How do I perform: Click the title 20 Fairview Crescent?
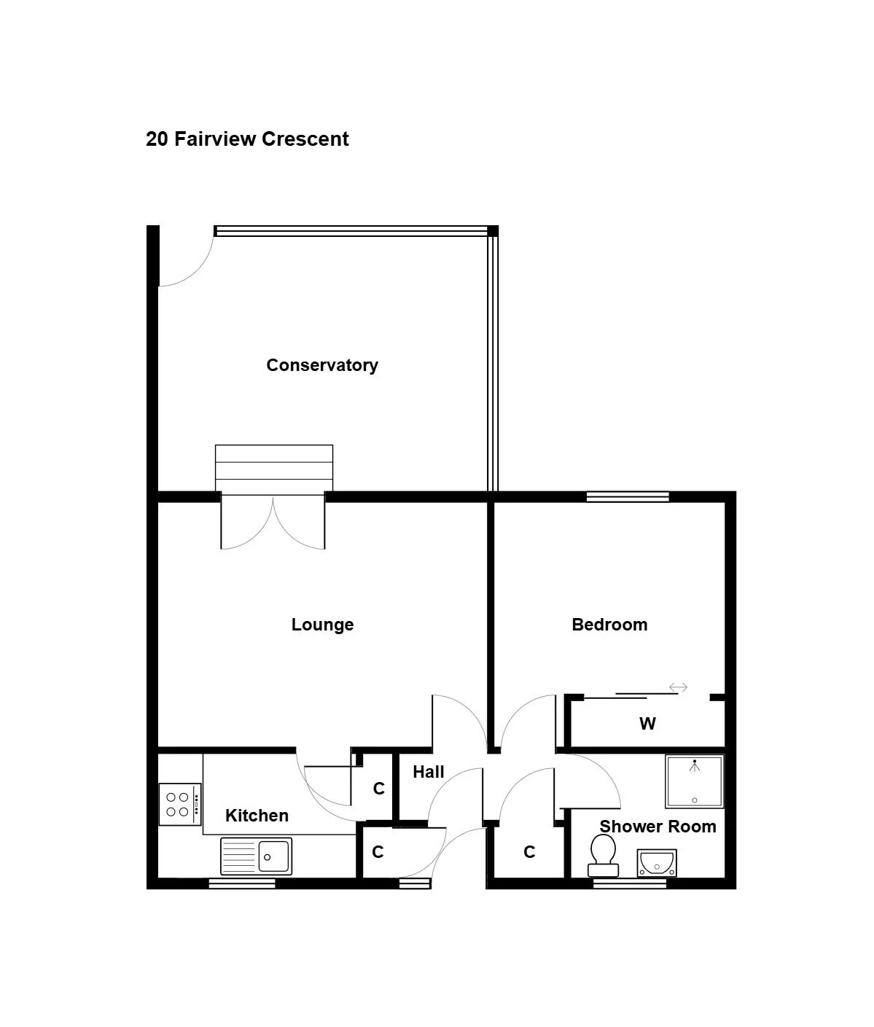click(247, 139)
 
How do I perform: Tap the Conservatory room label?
click(322, 365)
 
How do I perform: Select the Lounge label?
click(322, 625)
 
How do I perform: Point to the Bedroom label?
click(609, 625)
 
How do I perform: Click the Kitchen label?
click(257, 816)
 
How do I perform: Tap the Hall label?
click(429, 772)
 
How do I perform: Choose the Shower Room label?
click(658, 827)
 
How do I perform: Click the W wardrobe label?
click(647, 724)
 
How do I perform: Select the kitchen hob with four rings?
click(180, 805)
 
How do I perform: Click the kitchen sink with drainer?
click(256, 856)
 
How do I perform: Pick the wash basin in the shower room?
click(657, 863)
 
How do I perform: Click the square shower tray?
click(695, 781)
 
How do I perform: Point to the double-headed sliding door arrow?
click(678, 687)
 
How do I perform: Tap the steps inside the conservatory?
click(274, 469)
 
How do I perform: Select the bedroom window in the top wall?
click(628, 496)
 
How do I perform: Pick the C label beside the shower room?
click(529, 851)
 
